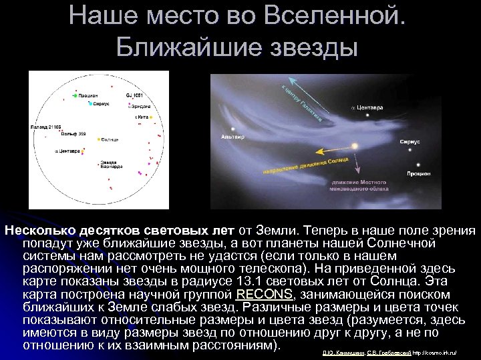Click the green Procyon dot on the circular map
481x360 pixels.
(x=75, y=96)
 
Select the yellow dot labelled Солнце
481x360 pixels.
(x=99, y=139)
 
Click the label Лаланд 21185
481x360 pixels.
(x=45, y=126)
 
